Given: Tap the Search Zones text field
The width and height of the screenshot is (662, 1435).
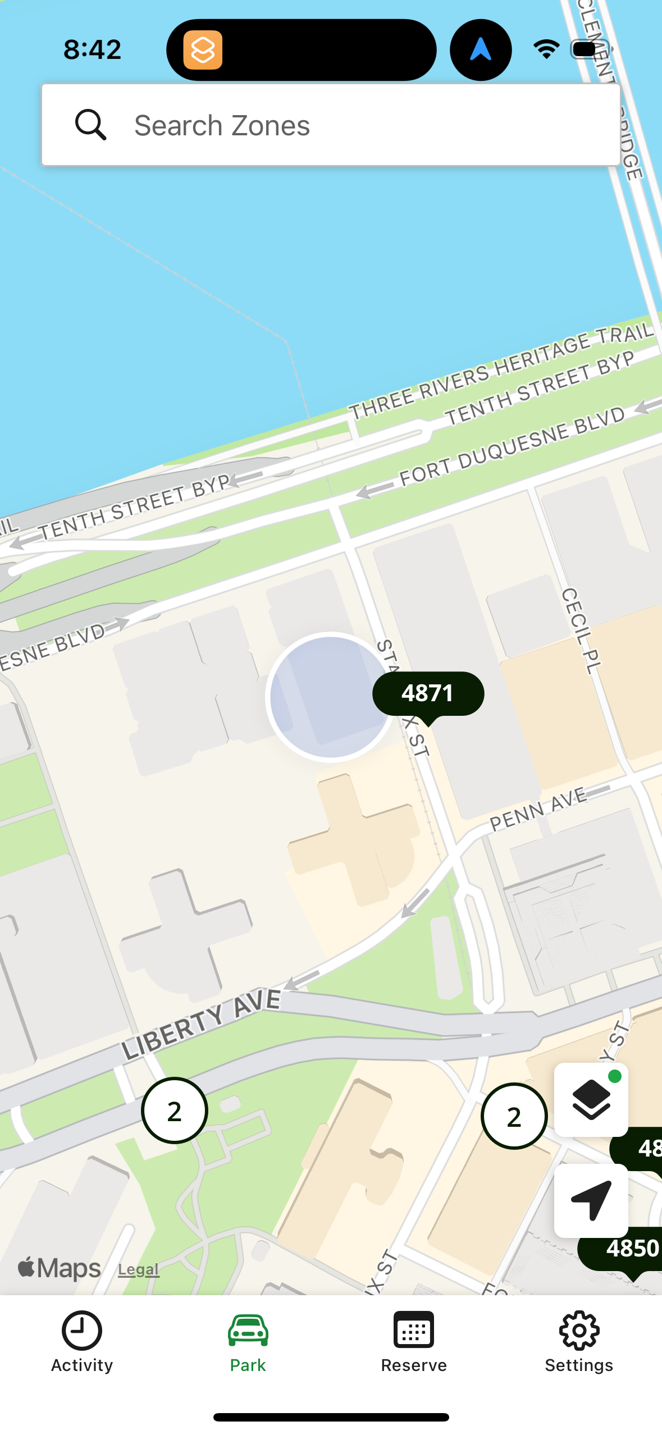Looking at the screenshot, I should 337,125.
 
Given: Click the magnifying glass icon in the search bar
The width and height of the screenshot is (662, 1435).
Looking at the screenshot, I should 90,125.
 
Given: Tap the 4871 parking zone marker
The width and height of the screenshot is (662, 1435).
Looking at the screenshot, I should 428,694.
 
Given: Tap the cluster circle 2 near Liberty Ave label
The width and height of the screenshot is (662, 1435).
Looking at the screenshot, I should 175,1110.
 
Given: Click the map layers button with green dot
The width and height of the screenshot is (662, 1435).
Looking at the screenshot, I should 591,1099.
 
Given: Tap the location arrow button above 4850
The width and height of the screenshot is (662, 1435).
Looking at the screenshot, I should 591,1200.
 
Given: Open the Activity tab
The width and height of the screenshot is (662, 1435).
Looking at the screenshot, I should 82,1342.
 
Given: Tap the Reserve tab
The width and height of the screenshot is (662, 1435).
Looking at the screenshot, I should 414,1342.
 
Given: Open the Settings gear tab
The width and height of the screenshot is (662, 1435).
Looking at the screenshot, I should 579,1342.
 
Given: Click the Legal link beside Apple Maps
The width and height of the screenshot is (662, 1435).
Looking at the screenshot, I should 138,1270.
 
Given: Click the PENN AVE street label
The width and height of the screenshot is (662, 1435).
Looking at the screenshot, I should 538,809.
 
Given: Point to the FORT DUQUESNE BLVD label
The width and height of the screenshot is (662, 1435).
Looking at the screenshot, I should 512,446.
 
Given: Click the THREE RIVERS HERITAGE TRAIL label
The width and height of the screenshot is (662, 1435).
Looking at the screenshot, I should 501,372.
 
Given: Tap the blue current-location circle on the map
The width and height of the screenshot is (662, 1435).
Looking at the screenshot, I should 330,697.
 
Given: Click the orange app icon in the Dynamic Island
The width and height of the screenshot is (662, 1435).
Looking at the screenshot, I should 203,50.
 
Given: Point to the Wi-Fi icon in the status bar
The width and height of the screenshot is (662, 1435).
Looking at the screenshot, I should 546,49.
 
